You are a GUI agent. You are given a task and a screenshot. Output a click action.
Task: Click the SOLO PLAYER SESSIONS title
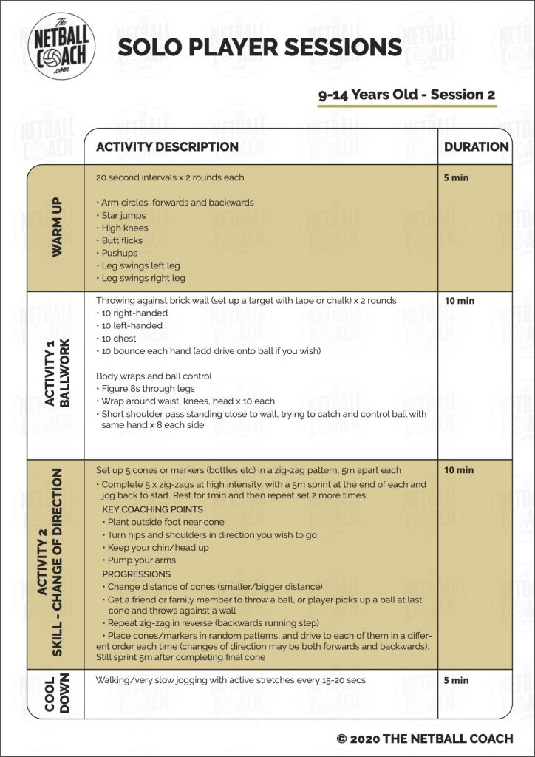[x=259, y=47]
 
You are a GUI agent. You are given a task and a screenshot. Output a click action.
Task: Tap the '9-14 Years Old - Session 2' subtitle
[x=406, y=95]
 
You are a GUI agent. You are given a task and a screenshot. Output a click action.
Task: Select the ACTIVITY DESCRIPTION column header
[x=167, y=146]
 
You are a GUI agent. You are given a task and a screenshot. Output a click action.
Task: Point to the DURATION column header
[x=476, y=146]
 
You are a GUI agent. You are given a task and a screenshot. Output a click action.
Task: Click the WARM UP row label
[x=56, y=227]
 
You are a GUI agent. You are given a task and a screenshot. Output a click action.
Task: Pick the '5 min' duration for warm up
[x=456, y=178]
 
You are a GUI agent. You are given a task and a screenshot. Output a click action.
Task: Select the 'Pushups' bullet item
[x=118, y=253]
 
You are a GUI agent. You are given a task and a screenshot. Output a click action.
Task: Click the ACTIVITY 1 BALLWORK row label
[x=56, y=375]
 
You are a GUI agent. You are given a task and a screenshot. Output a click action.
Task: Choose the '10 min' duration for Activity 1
[x=459, y=301]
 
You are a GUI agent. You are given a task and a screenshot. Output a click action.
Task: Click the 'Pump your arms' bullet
[x=143, y=561]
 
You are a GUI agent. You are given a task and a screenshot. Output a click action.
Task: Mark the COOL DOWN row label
[x=56, y=693]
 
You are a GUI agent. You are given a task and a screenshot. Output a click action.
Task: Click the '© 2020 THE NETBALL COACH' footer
[x=424, y=739]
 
